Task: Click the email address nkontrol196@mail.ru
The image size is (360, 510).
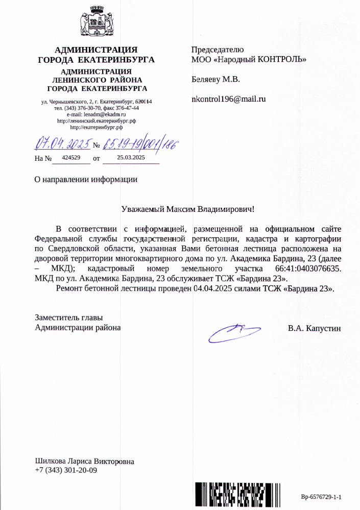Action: tap(228, 99)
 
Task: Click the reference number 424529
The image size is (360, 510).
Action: tap(71, 158)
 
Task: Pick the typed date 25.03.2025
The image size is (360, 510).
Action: tap(131, 158)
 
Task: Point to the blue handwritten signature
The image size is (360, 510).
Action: tap(234, 332)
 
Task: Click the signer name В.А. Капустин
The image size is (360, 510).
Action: tap(314, 328)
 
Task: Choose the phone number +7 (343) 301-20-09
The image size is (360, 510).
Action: tap(66, 470)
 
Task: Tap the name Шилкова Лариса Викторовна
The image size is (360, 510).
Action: tap(85, 462)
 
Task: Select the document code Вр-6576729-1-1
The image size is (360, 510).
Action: tap(321, 497)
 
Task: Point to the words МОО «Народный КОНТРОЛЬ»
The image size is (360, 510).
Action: tap(249, 59)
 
